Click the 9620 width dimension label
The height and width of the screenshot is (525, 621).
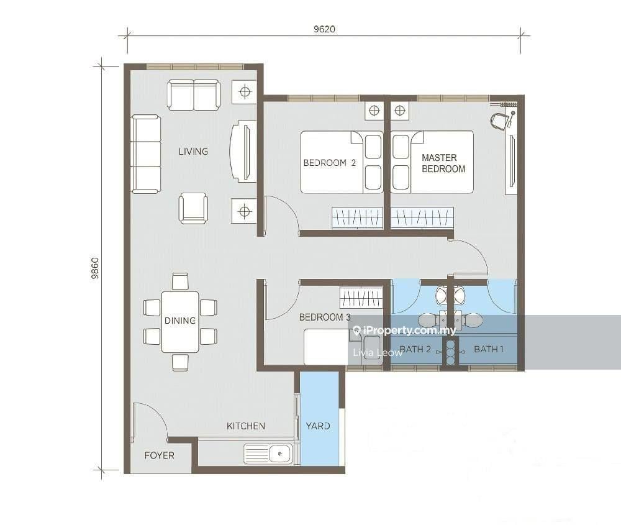point(324,29)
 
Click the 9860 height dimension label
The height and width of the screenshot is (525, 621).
point(95,268)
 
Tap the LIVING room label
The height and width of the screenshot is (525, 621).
point(193,152)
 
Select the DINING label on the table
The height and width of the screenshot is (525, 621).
point(180,321)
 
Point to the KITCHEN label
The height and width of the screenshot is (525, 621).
point(246,426)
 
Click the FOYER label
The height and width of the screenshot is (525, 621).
point(159,455)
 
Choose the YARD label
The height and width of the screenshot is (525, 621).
point(318,426)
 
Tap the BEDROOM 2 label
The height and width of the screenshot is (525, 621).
point(330,163)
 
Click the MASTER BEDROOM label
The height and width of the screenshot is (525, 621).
point(443,163)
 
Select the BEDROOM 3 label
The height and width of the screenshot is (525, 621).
point(325,317)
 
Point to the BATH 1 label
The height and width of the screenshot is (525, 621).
point(489,349)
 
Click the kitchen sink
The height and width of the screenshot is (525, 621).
point(268,454)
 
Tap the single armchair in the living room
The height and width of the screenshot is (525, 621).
point(193,208)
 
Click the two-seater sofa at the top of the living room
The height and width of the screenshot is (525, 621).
point(194,95)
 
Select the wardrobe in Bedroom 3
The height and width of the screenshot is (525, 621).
point(361,298)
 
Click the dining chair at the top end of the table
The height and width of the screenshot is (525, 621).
point(180,281)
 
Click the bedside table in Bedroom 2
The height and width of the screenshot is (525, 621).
point(374,111)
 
